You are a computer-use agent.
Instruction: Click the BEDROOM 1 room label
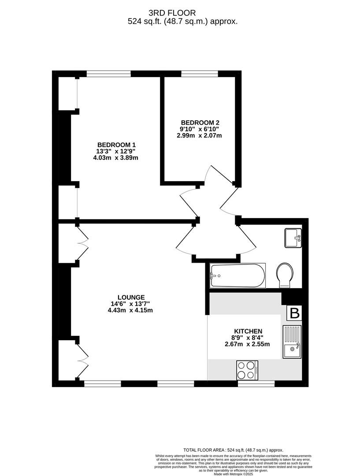coord(117,145)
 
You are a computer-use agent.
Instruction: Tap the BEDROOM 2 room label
coord(200,123)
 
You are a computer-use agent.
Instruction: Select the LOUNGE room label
coord(131,297)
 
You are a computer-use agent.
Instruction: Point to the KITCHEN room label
coord(248,331)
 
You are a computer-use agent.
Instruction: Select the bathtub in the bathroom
coord(238,275)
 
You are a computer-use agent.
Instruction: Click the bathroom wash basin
coord(293,238)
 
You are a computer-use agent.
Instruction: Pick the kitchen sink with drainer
coord(292,342)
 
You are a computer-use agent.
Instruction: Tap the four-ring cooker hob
coord(247,370)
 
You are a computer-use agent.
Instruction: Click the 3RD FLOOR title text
coord(172,13)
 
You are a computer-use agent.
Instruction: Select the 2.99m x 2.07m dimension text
coord(200,135)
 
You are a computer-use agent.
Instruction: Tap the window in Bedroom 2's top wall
coord(200,74)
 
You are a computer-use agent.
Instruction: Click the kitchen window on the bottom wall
coord(256,384)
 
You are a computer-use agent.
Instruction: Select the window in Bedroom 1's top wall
coord(109,74)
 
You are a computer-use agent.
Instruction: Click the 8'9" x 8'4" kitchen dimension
coord(248,338)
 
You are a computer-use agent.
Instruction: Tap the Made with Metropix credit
coord(233,473)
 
